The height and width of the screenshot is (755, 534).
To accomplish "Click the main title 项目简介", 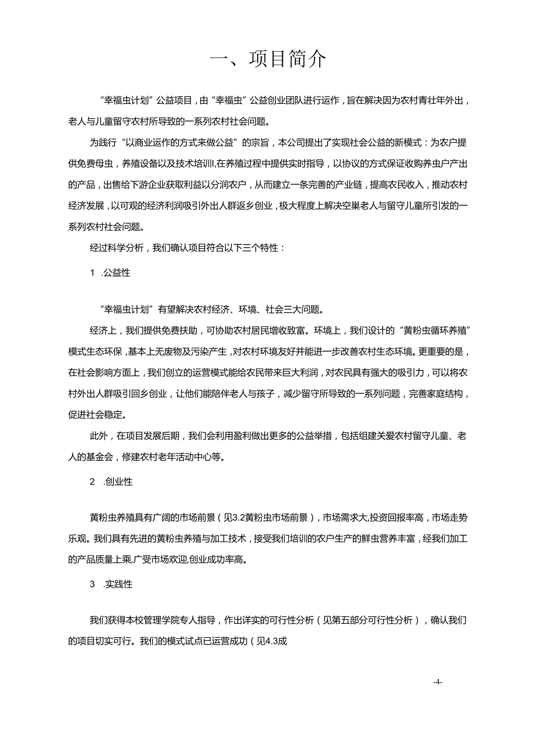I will click(287, 59).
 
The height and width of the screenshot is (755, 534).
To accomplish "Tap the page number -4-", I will click(438, 682).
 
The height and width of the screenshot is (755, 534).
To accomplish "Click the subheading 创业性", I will click(118, 482).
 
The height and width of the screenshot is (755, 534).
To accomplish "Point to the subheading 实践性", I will click(118, 584).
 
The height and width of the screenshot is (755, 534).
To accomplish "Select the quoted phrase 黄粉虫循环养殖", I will click(433, 331).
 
